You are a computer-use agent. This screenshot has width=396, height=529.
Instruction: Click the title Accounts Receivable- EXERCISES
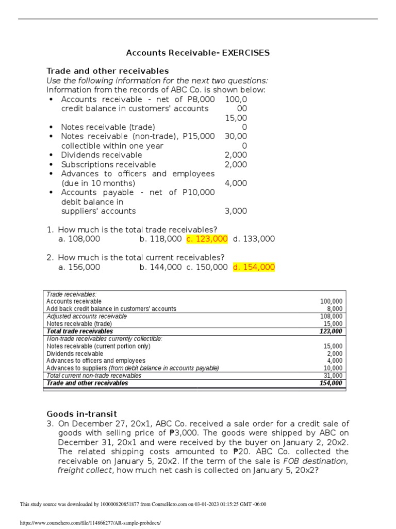(198, 53)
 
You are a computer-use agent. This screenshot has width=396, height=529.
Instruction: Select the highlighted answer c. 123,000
(207, 239)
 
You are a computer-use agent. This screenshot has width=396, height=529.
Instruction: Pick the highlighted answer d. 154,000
(254, 267)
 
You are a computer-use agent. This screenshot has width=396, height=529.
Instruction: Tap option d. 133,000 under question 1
(254, 239)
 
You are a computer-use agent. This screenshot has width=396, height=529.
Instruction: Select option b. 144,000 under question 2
(160, 267)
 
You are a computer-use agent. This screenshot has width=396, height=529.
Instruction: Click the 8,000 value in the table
(335, 309)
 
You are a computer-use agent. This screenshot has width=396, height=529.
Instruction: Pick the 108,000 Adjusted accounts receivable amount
(332, 316)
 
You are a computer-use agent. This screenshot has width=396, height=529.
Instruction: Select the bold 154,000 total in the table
(331, 383)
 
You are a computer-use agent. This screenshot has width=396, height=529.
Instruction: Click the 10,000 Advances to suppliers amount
(333, 368)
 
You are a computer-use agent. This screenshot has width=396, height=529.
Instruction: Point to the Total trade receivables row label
(79, 331)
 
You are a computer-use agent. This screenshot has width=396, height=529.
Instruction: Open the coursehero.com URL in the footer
(90, 523)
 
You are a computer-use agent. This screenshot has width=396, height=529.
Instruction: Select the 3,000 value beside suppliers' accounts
(236, 211)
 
